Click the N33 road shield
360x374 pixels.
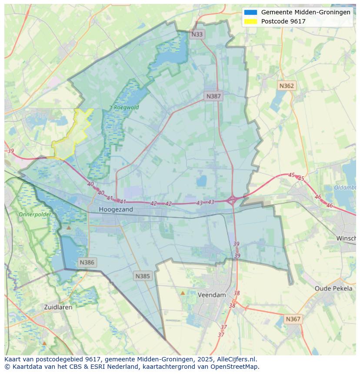click(x=197, y=34)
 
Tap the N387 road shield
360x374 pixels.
click(x=213, y=96)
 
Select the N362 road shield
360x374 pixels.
click(x=287, y=86)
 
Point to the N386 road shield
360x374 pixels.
click(x=87, y=262)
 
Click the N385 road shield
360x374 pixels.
click(x=143, y=276)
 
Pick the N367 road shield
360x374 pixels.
click(x=293, y=319)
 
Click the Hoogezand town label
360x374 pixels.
click(x=116, y=209)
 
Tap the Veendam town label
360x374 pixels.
click(x=212, y=295)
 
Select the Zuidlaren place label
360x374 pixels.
click(x=58, y=307)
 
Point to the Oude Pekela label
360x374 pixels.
click(x=333, y=288)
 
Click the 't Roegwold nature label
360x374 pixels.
click(x=124, y=107)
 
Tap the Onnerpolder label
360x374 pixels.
click(x=35, y=215)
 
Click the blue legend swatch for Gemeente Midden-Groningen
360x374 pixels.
click(x=250, y=12)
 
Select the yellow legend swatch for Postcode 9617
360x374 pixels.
click(x=250, y=21)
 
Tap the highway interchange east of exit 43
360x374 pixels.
click(x=232, y=200)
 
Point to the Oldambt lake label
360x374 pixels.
click(x=345, y=188)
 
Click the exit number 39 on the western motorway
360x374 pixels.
click(x=11, y=151)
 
